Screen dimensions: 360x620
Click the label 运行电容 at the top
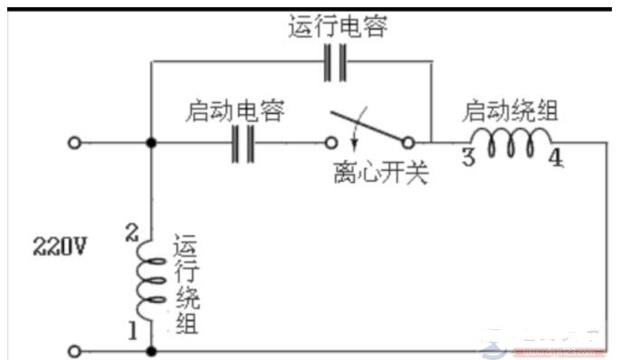338,28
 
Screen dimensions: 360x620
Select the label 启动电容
234,112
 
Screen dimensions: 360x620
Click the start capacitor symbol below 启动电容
242,143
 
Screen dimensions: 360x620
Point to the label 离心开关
380,171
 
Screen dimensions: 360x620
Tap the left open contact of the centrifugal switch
332,143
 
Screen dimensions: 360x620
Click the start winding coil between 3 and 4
516,141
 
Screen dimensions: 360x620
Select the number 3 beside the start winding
468,156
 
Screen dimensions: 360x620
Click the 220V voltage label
60,245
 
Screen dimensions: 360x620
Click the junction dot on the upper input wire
151,143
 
